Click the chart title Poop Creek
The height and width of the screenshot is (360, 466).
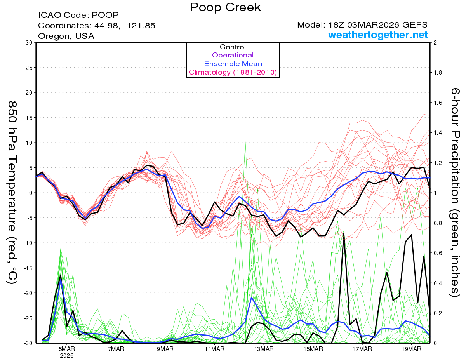(x=226, y=7)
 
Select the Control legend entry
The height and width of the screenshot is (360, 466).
(x=233, y=47)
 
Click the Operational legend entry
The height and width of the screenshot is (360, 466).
(x=233, y=55)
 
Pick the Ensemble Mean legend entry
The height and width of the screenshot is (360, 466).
(x=233, y=64)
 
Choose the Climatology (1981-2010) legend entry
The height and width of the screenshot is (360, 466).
(x=233, y=72)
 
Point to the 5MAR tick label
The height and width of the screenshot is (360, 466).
(x=67, y=349)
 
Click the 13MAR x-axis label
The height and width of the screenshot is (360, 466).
(x=264, y=349)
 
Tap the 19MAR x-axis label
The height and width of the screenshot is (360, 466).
(x=411, y=349)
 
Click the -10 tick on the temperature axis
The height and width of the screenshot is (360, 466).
(x=27, y=243)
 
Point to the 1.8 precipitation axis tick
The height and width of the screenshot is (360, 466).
(x=439, y=73)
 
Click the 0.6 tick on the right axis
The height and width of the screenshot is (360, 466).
(x=439, y=253)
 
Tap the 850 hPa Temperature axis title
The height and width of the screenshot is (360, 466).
(x=12, y=193)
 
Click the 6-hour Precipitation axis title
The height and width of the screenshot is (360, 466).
(x=455, y=193)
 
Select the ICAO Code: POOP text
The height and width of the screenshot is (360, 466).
(x=78, y=16)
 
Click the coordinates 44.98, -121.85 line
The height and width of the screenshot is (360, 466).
(x=97, y=26)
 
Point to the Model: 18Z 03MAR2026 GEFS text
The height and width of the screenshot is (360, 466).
(x=362, y=25)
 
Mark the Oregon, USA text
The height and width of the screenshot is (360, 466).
(x=66, y=36)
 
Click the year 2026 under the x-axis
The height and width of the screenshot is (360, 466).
(x=67, y=355)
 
